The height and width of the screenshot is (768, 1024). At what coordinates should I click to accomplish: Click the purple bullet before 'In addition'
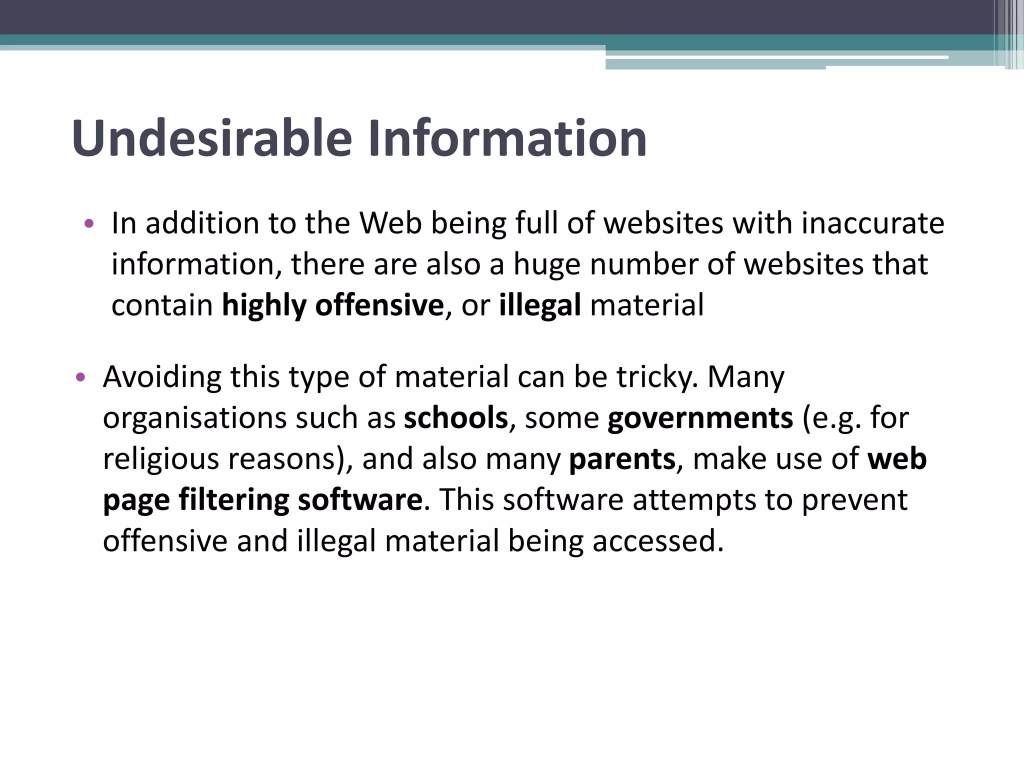(89, 223)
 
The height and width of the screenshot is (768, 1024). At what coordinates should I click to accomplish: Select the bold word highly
(264, 306)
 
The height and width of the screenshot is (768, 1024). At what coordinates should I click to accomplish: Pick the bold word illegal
(540, 306)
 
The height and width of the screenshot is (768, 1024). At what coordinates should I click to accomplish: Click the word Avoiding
(162, 377)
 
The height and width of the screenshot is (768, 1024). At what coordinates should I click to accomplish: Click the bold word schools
(456, 418)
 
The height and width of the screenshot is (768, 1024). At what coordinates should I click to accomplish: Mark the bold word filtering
(234, 500)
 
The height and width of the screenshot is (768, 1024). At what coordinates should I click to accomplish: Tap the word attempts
(694, 500)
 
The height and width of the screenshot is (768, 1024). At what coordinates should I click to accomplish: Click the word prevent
(854, 500)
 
